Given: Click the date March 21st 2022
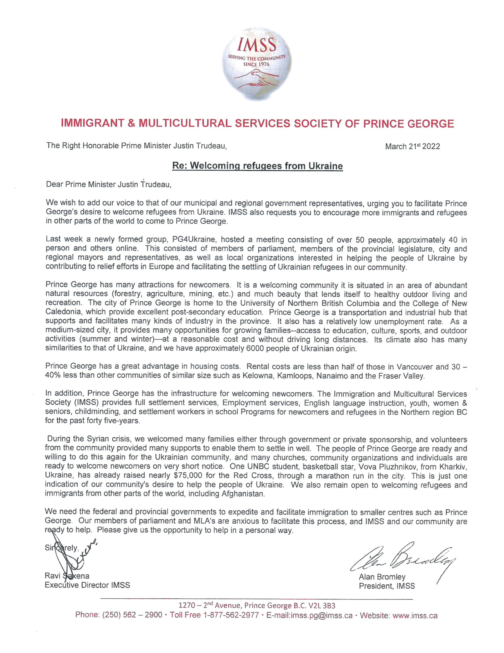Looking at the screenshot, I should (412, 146).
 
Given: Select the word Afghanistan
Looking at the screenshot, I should (243, 494).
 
